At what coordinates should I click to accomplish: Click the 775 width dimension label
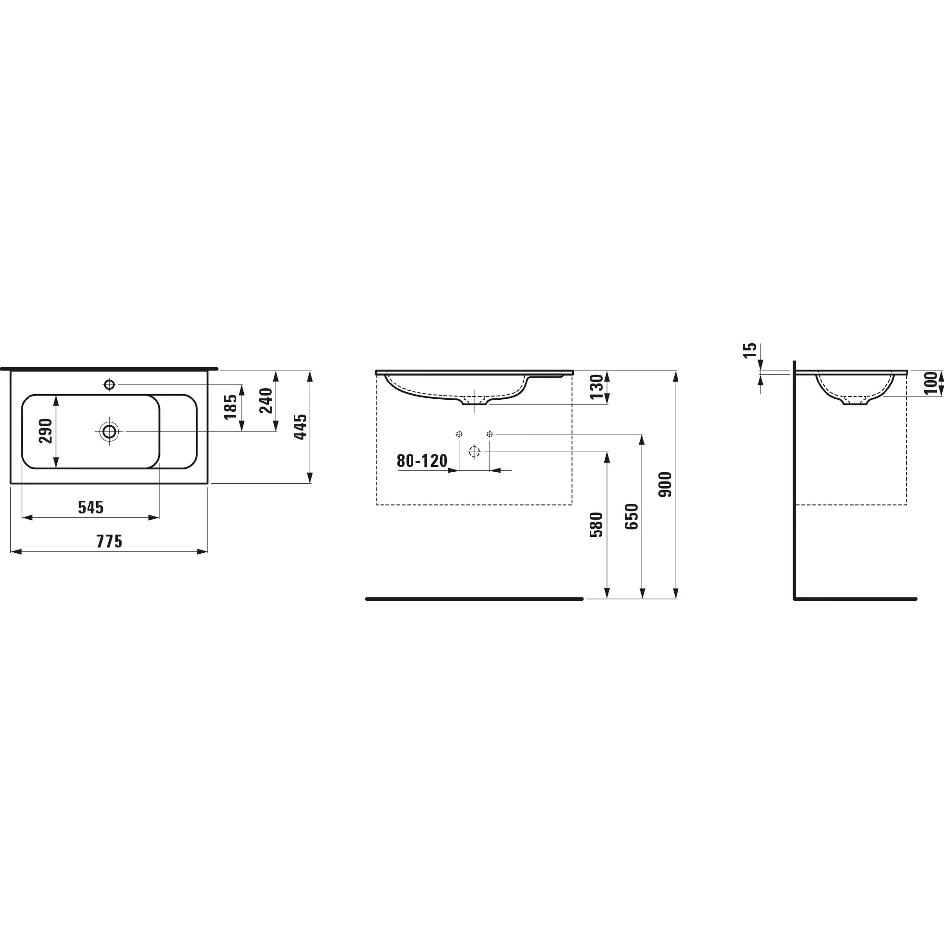coord(109,541)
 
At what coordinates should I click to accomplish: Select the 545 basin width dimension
coord(90,507)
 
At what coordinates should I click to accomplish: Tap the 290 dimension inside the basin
coord(46,431)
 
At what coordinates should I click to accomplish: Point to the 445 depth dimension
coord(300,427)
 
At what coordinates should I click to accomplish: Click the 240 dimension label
coord(266,401)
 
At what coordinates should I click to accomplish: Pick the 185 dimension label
coord(231,407)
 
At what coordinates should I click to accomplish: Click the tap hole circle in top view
coord(109,384)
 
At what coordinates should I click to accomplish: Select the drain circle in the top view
coord(109,432)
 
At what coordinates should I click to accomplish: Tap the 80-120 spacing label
coord(422,461)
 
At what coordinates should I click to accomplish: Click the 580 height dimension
coord(596,525)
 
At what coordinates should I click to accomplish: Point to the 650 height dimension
coord(632,516)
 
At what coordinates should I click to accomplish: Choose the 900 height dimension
coord(665,484)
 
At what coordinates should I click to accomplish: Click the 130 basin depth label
coord(596,387)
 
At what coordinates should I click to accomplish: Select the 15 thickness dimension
coord(750,351)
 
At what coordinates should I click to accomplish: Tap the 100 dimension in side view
coord(931,383)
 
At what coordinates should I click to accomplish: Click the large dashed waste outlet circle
coord(474,451)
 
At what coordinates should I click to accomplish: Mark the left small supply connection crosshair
coord(459,434)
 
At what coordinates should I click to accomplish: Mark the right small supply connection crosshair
coord(489,434)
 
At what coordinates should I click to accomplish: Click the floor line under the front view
coord(474,599)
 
